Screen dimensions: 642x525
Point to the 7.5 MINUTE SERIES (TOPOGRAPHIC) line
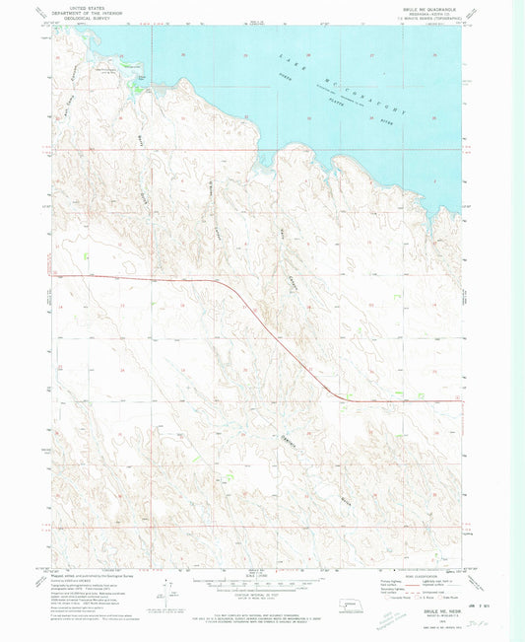[x=430, y=16]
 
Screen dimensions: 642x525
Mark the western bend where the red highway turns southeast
[x=229, y=286]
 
